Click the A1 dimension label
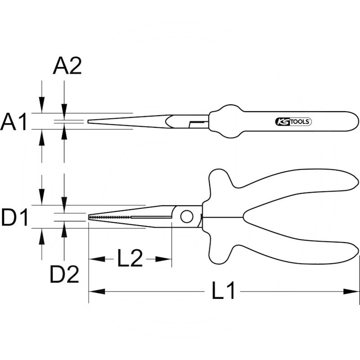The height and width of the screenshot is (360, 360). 14,121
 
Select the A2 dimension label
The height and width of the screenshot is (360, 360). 67,66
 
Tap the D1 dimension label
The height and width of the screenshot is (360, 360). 15,217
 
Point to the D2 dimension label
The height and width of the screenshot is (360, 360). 64,274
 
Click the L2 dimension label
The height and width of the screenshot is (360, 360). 130,258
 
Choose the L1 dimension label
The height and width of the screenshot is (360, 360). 223,291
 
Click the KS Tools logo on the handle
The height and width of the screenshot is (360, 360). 293,121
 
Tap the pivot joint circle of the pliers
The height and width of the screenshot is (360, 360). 187,217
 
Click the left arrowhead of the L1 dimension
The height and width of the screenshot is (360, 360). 97,292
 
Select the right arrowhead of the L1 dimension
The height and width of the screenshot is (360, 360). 351,292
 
